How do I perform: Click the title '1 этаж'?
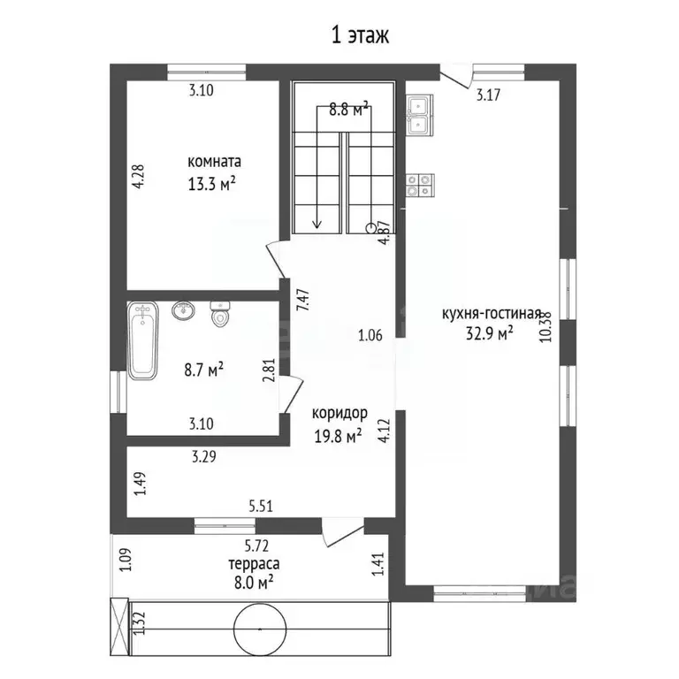point(360,35)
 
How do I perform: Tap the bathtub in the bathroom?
point(142,340)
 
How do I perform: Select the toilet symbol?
point(220,314)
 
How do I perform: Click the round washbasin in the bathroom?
point(183,310)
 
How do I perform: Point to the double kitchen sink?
point(420,115)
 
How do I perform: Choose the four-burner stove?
point(420,186)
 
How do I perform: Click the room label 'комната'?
point(214,162)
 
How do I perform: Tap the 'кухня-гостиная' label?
point(492,314)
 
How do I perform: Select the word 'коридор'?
point(339,414)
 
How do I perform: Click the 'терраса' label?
point(254,564)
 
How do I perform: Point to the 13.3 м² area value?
point(212,185)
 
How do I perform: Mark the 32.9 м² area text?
point(490,333)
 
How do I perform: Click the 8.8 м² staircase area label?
point(348,109)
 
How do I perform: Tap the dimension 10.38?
point(546,327)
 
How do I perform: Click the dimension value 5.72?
point(256,546)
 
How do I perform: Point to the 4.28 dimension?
point(138,176)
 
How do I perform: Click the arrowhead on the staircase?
point(317,225)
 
